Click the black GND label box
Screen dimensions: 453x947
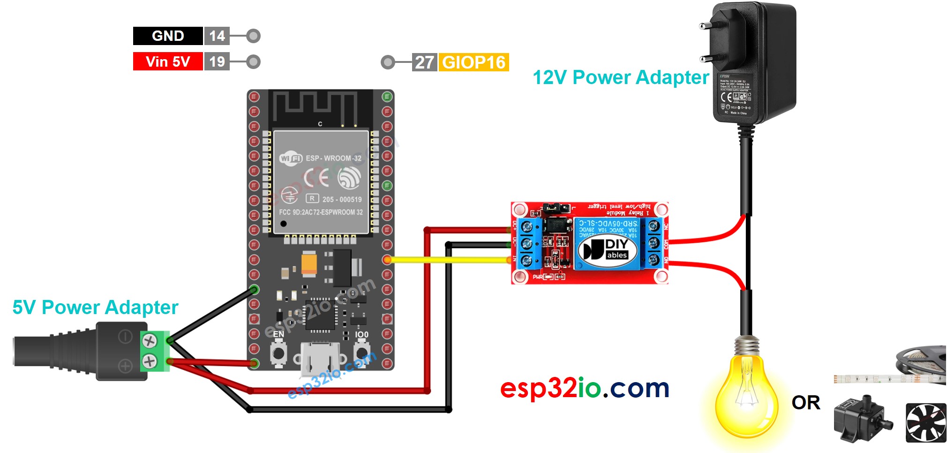click(168, 36)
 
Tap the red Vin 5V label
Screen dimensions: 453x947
click(168, 61)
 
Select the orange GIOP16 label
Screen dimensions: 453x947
click(473, 62)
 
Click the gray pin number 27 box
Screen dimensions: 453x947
click(424, 62)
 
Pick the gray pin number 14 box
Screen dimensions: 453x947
click(217, 36)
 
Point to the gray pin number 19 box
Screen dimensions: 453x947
click(217, 61)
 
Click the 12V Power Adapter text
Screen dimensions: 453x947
click(621, 77)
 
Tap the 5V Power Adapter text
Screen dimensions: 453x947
click(95, 307)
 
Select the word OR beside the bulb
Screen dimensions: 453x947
click(806, 403)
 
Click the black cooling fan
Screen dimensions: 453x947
click(925, 422)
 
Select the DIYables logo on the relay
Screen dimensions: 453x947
click(608, 249)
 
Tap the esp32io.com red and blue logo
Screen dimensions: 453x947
click(585, 388)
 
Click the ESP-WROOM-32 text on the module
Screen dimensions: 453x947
click(333, 158)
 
